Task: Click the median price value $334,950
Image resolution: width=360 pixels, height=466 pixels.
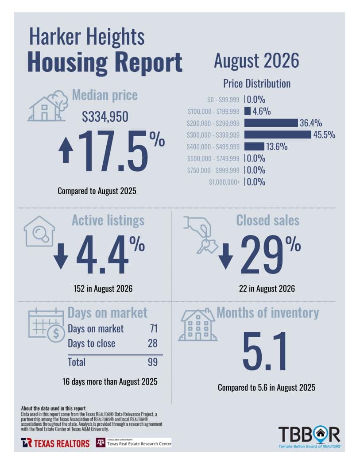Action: pos(105,116)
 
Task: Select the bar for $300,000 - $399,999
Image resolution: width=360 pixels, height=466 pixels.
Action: pos(278,135)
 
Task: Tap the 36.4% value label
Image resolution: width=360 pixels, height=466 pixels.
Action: pos(311,123)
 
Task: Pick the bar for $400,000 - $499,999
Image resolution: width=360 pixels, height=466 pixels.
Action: pos(254,146)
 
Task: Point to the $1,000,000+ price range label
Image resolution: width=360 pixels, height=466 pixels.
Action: pos(224,182)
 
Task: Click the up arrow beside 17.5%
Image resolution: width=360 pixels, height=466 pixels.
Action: pos(66,151)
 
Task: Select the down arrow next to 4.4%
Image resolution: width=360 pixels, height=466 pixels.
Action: pos(61,256)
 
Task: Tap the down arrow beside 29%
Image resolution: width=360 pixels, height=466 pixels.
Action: pos(226,256)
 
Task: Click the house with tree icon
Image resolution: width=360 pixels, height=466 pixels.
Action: pos(47,106)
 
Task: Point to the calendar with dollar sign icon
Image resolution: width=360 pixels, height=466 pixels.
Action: pos(46,325)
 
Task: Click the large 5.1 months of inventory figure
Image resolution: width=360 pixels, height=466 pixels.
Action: pos(265,351)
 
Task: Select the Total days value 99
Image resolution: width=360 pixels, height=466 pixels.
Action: pos(153,362)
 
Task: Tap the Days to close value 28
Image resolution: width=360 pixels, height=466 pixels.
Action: pos(153,343)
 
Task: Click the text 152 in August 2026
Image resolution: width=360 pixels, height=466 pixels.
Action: pos(103,289)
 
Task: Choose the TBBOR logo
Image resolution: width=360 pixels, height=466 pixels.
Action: pos(310,437)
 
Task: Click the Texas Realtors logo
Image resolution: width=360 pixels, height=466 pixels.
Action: pos(55,443)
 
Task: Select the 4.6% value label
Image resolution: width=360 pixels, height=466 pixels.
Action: pos(262,111)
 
